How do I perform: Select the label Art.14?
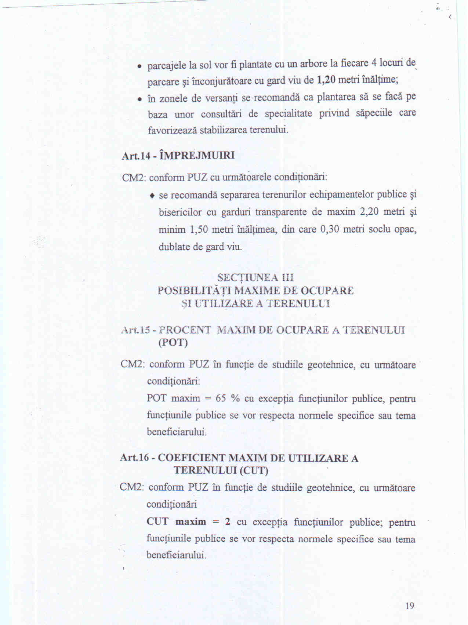136,156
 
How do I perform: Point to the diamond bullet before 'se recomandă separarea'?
152,195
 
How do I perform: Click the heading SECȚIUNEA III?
255,277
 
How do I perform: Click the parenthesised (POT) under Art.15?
173,343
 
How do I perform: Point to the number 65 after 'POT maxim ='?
221,399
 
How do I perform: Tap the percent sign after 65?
235,399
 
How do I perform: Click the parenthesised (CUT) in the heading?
254,470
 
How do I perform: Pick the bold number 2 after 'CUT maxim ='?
228,522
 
